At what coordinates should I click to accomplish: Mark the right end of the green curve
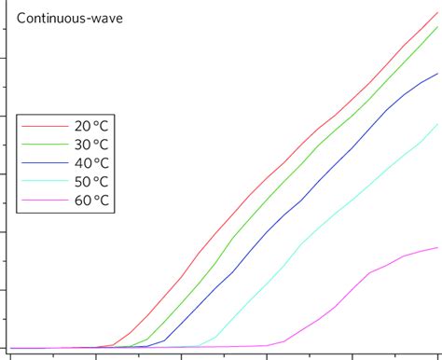437,27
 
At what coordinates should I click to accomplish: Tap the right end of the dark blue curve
437,74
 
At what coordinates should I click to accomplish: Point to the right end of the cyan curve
437,124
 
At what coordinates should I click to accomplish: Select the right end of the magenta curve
437,247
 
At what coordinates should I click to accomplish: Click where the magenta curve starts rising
283,341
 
